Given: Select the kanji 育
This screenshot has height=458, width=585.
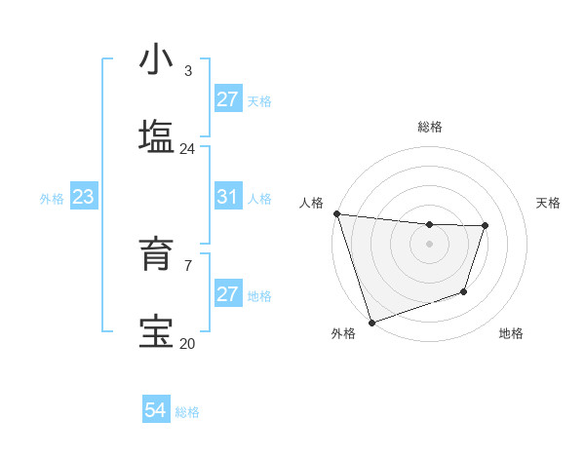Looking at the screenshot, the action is point(156,254).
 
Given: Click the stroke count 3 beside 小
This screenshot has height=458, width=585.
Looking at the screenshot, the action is point(187,71).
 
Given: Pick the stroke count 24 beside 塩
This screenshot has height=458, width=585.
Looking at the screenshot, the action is point(187,149).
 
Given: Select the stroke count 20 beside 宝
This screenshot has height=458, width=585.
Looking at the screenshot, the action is point(187,343).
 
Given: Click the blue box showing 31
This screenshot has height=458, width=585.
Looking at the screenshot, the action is point(227,197).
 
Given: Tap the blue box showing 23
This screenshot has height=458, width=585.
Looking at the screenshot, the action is point(83,197).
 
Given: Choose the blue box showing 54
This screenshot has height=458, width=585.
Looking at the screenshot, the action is point(156,410).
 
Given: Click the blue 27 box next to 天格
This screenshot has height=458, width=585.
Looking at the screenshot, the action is point(227,99).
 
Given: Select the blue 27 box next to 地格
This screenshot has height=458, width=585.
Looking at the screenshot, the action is point(227,294).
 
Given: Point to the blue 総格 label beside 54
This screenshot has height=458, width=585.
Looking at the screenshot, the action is point(187,412).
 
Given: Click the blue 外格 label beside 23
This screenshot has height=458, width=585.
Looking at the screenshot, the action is point(52,199).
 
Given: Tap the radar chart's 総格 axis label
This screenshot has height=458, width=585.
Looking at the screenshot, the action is point(429,127).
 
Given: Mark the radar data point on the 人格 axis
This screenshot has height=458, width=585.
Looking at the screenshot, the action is point(336,213).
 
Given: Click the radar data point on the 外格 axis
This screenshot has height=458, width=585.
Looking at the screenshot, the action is point(371,322).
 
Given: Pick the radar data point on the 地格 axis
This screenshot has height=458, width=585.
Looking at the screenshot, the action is point(464,291).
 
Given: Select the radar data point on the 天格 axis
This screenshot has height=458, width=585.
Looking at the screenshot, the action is point(485,226).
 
